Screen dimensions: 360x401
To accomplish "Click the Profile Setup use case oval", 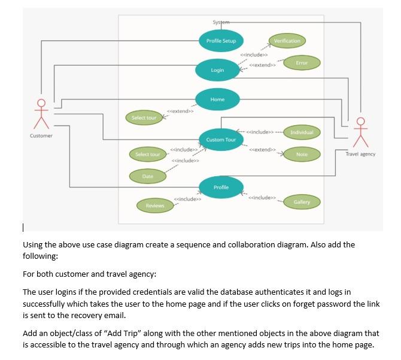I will point(221,41).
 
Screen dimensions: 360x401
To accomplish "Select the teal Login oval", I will point(217,70).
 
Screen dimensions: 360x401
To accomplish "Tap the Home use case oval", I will point(217,99).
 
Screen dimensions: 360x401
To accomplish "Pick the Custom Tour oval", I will point(221,140).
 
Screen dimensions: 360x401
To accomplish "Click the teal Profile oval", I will point(221,187).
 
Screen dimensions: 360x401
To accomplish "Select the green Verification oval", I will point(287,41).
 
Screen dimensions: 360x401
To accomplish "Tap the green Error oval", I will point(302,62).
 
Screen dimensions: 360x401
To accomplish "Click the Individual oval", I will point(302,132).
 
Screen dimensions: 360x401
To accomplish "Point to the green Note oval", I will point(302,155).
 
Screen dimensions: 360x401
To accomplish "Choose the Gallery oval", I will point(302,202).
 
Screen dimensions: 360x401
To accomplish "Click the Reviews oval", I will point(155,205).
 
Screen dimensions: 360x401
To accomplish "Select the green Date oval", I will point(147,176).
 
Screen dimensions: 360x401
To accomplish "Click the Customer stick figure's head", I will point(41,102).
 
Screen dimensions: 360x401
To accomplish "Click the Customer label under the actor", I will point(41,136).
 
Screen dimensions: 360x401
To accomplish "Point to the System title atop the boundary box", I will point(220,23).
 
